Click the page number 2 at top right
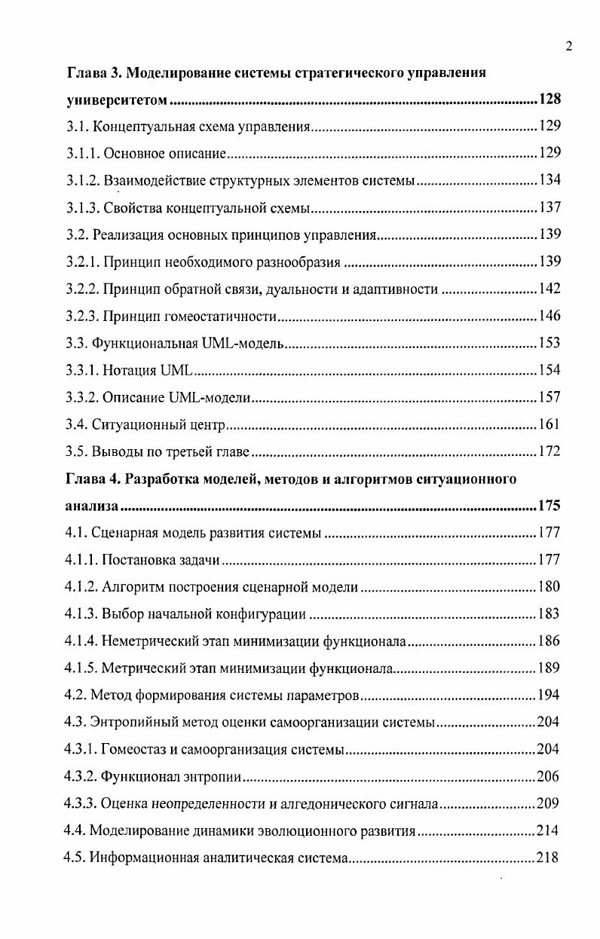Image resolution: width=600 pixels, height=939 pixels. (x=569, y=47)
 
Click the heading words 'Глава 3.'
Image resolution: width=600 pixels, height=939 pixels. (x=93, y=73)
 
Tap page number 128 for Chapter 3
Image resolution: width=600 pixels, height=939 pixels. (x=549, y=100)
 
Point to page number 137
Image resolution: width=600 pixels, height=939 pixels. (x=549, y=207)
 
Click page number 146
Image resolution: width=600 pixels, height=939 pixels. (x=549, y=316)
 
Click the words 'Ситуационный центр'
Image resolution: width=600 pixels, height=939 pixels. (x=159, y=424)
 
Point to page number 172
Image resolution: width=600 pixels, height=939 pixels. (x=549, y=451)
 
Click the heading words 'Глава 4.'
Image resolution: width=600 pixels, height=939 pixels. (x=93, y=479)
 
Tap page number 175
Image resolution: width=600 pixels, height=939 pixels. (x=549, y=506)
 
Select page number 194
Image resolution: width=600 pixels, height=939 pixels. (x=549, y=695)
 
